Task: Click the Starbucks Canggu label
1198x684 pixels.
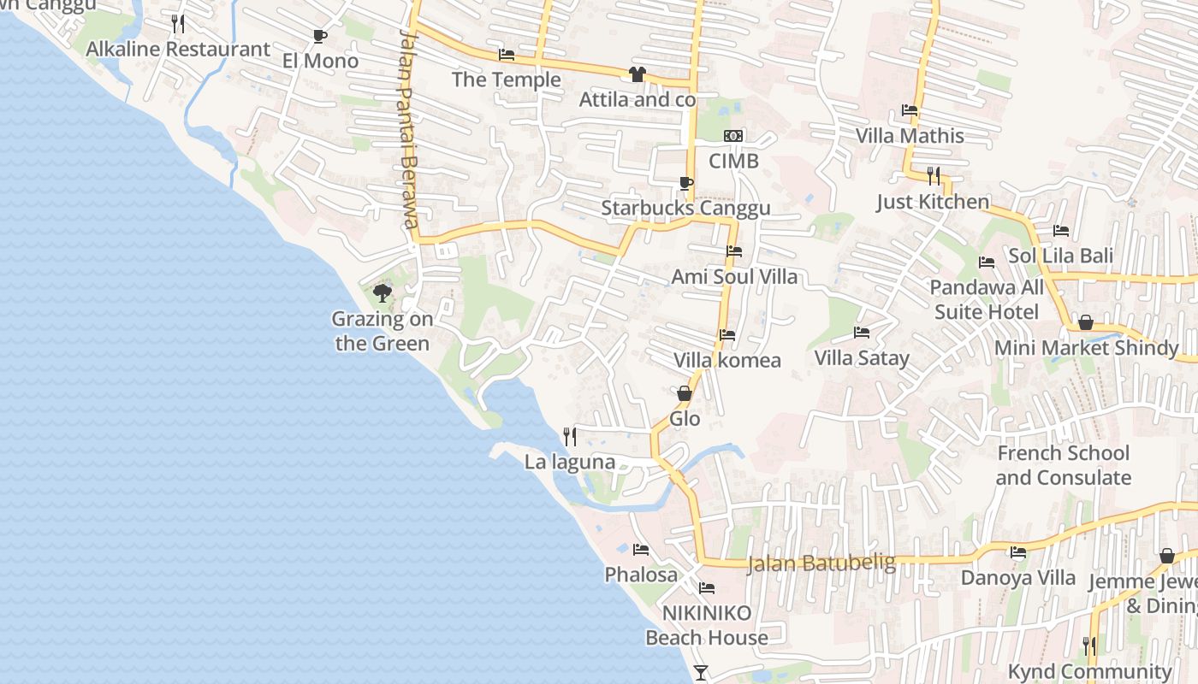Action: click(x=685, y=208)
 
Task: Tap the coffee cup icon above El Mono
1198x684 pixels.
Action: click(x=319, y=36)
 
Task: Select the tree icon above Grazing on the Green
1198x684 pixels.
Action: click(x=383, y=293)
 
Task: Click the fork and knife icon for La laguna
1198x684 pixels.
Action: click(x=570, y=437)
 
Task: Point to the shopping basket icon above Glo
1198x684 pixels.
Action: click(x=685, y=393)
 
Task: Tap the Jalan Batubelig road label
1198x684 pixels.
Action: click(x=821, y=563)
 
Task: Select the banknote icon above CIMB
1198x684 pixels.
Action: click(x=733, y=136)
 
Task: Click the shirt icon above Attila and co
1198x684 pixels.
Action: click(x=637, y=74)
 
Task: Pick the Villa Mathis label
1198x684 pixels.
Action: click(x=910, y=135)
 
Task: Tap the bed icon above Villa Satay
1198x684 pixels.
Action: click(x=862, y=333)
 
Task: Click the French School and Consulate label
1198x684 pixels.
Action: click(x=1063, y=465)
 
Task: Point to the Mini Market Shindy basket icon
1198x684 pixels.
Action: click(x=1085, y=322)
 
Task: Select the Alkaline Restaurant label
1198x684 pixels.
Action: click(x=178, y=49)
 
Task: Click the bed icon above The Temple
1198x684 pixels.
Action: click(x=507, y=55)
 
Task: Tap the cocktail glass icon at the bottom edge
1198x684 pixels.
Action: click(x=701, y=673)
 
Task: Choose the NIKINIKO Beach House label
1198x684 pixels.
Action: click(x=707, y=625)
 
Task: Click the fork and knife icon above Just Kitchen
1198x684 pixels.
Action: click(x=933, y=176)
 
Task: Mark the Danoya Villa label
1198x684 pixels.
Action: click(x=1018, y=577)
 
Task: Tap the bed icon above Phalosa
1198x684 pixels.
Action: click(x=640, y=549)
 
